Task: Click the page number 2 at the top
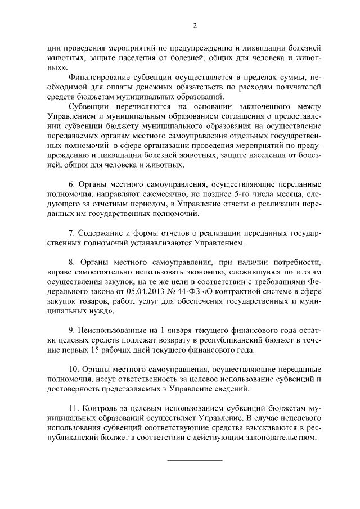[x=195, y=25]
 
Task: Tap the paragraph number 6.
[x=71, y=184]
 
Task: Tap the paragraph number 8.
[x=71, y=263]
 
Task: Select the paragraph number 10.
[x=73, y=370]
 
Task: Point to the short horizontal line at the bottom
[x=195, y=460]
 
